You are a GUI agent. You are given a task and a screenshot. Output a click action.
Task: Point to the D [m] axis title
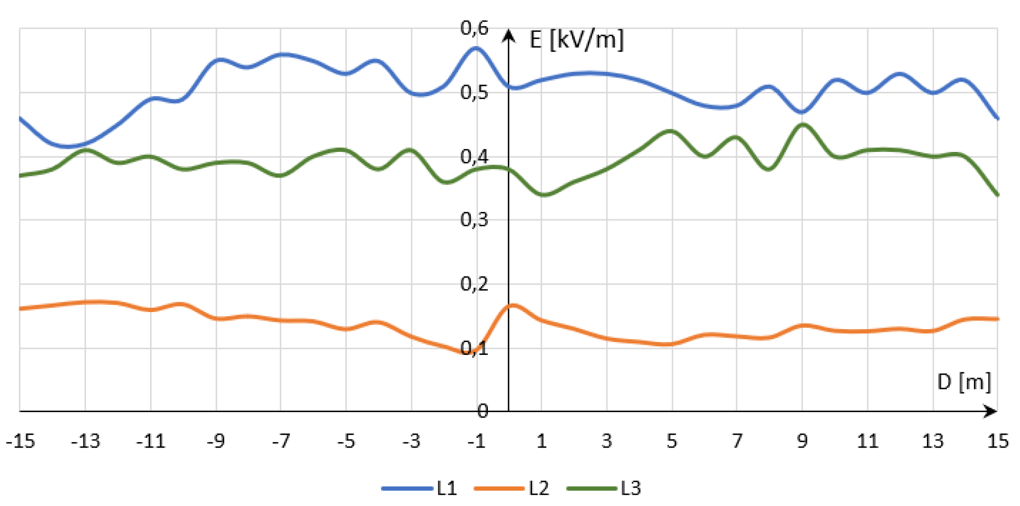964,382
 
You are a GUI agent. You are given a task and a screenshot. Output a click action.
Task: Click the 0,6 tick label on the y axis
474,28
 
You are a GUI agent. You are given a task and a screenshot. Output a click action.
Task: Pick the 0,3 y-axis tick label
474,220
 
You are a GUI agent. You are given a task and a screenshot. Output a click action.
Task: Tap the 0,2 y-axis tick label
474,284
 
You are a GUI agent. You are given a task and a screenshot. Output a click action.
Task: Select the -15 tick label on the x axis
21,441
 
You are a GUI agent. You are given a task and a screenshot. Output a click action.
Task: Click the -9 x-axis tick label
216,441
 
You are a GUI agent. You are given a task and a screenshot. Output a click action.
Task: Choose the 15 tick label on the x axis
998,441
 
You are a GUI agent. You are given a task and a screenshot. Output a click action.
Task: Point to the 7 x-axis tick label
737,441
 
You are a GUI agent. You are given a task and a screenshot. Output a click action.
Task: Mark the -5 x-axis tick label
346,441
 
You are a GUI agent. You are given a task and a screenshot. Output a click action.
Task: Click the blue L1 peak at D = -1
476,48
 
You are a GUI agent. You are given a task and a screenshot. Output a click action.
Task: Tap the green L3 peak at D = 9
803,125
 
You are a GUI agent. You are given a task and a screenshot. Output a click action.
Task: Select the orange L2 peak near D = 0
513,306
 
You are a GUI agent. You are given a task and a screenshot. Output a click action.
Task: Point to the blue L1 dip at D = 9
802,112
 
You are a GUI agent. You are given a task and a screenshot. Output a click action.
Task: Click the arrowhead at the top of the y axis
508,35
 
